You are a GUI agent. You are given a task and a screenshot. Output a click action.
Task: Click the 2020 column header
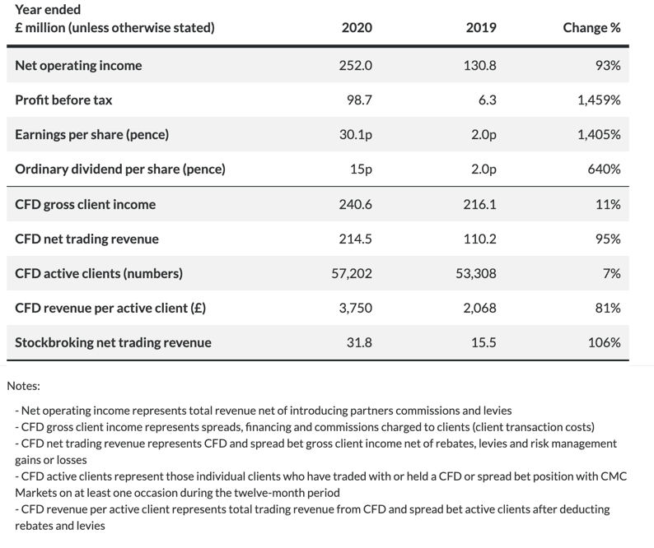click(357, 27)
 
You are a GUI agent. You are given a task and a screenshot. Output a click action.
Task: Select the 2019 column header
click(481, 27)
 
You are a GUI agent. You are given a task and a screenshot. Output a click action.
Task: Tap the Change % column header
click(591, 27)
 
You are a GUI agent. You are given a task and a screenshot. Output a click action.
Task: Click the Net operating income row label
click(78, 66)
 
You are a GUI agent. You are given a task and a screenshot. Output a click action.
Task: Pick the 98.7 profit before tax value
click(359, 100)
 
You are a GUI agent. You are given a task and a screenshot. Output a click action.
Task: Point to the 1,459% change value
click(599, 100)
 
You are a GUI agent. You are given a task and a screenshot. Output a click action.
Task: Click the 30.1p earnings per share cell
click(355, 135)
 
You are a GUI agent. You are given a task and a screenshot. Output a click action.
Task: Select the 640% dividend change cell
click(604, 170)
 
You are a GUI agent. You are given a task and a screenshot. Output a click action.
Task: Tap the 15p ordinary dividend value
click(361, 170)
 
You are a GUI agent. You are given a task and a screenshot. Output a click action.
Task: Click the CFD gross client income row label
click(85, 204)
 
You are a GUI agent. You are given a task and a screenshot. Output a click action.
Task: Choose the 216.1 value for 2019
click(479, 204)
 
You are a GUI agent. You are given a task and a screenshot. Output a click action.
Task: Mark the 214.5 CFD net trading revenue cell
click(355, 239)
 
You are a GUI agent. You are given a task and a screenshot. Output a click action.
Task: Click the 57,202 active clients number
click(352, 273)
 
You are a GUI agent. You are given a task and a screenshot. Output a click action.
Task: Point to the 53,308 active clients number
click(476, 273)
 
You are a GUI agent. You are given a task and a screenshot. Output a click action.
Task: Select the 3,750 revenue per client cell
click(355, 308)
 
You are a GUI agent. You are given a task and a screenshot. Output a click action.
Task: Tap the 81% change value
click(608, 308)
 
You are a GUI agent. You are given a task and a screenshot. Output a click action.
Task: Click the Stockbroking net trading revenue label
click(113, 342)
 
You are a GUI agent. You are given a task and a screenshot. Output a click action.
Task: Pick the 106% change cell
click(604, 342)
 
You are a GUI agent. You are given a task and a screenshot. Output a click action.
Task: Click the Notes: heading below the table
click(23, 386)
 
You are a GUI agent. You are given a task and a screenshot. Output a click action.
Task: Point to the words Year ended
click(48, 9)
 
